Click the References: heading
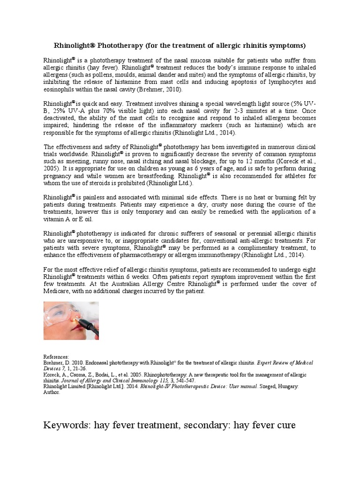(56, 357)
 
